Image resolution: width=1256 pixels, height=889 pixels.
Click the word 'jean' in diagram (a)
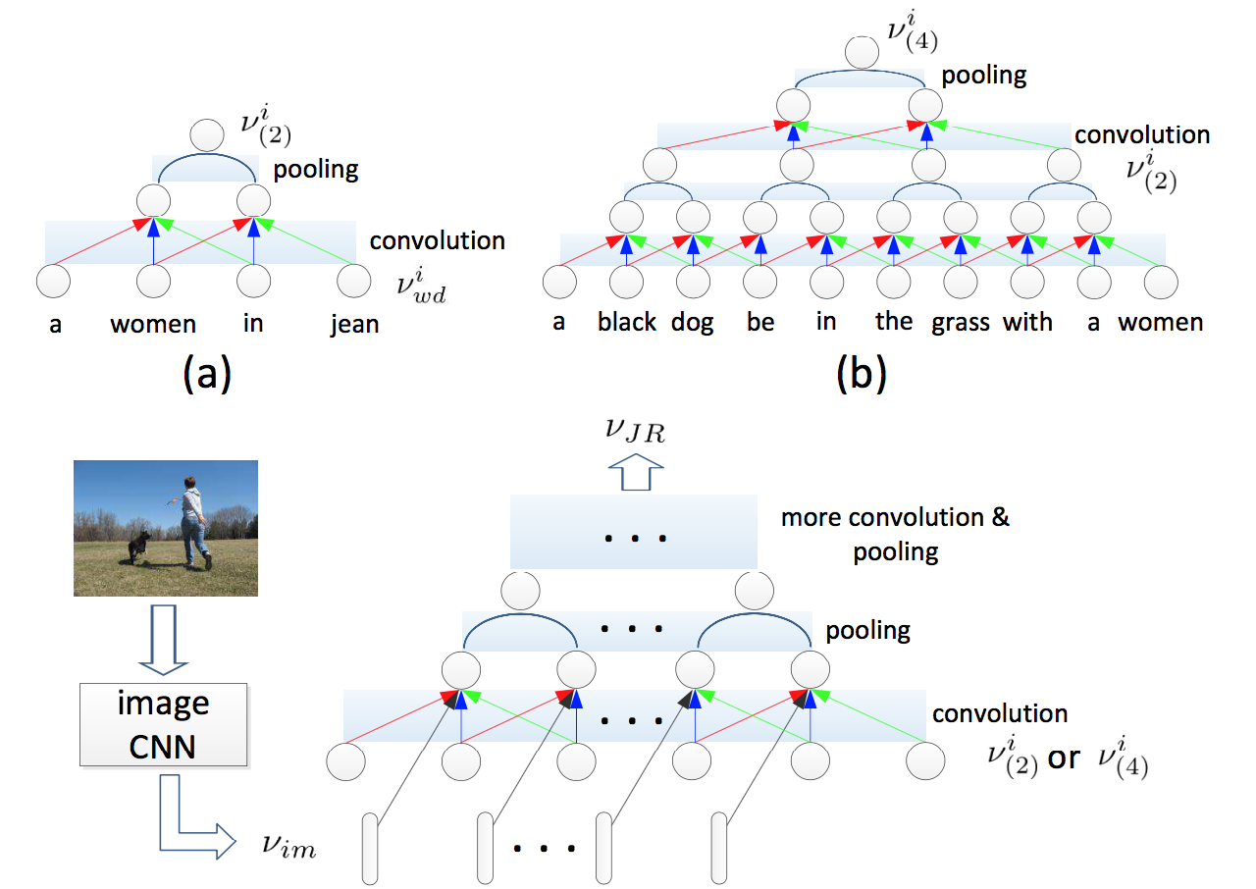tap(354, 325)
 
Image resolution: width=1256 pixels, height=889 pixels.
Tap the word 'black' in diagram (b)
tap(626, 322)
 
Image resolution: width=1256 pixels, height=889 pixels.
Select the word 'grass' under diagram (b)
tap(961, 324)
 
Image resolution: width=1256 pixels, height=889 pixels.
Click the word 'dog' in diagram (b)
tap(693, 323)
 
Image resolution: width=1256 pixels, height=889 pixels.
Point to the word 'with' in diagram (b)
tap(1027, 322)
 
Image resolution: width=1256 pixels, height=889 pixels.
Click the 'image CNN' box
tap(163, 724)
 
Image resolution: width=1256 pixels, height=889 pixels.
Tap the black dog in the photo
tap(139, 547)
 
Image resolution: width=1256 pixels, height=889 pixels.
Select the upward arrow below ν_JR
tap(636, 472)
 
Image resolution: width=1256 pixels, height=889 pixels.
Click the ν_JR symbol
tap(635, 431)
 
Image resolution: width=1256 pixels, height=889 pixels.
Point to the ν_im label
tap(289, 846)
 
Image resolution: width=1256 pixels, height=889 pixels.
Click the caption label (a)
tap(207, 374)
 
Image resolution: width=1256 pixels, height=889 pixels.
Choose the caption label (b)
tap(862, 374)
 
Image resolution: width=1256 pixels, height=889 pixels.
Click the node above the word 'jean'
tap(354, 281)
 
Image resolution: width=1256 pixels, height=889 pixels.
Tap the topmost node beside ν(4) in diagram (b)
tap(862, 53)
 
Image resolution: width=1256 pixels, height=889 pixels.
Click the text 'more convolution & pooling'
tap(896, 535)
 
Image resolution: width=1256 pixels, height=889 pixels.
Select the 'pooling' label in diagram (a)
tap(316, 170)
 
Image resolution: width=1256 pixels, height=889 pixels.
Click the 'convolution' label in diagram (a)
tap(438, 240)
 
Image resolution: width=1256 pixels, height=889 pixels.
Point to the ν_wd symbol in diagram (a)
tap(422, 287)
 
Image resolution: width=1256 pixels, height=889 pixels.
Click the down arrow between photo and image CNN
tap(164, 640)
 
